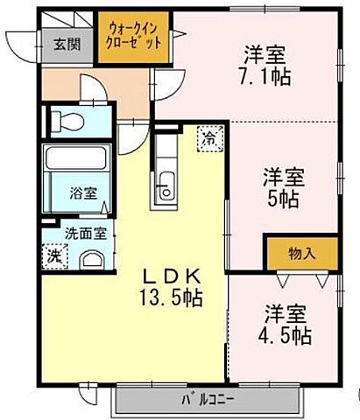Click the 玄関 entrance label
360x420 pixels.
60,44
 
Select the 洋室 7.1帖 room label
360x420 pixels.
265,65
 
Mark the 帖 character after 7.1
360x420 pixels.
281,76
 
